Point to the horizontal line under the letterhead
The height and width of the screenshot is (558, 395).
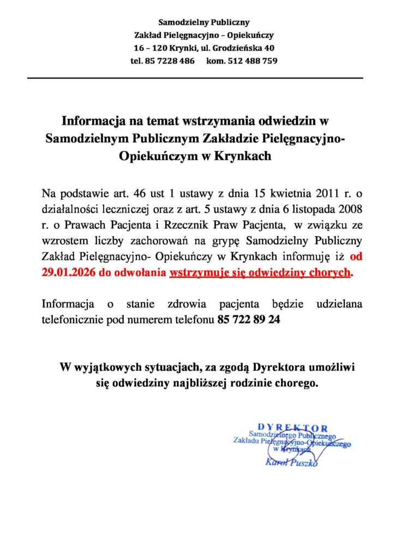pyautogui.click(x=195, y=78)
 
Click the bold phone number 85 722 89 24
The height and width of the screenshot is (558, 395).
pyautogui.click(x=249, y=320)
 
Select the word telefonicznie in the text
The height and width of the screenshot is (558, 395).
pyautogui.click(x=73, y=320)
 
